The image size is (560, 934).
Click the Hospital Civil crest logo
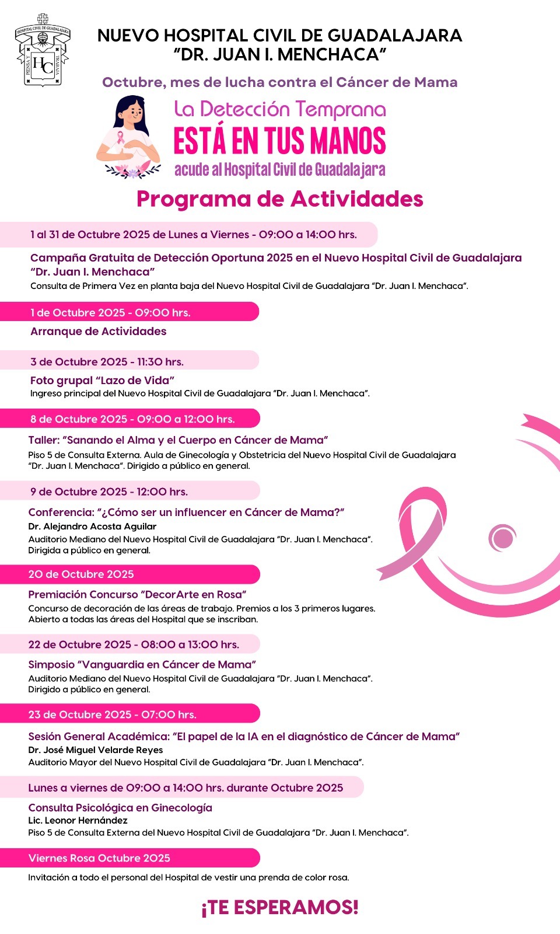point(42,51)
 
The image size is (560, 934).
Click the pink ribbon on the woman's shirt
point(121,138)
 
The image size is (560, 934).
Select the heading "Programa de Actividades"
point(279,199)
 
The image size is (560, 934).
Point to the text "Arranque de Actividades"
point(99,332)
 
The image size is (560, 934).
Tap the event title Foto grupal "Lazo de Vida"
point(102,381)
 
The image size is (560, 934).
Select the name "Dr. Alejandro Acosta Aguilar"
point(92,527)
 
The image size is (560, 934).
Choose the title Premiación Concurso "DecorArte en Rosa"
point(138,595)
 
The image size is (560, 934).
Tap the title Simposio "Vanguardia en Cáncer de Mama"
point(142,665)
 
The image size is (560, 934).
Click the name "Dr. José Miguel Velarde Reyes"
point(96,750)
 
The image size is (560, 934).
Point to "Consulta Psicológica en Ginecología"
point(120,808)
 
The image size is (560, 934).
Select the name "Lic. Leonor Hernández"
point(78,820)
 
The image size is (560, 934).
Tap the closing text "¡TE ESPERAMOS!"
point(279,907)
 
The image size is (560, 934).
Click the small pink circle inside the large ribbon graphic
point(502,538)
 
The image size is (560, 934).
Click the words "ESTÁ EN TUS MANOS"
point(279,141)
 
